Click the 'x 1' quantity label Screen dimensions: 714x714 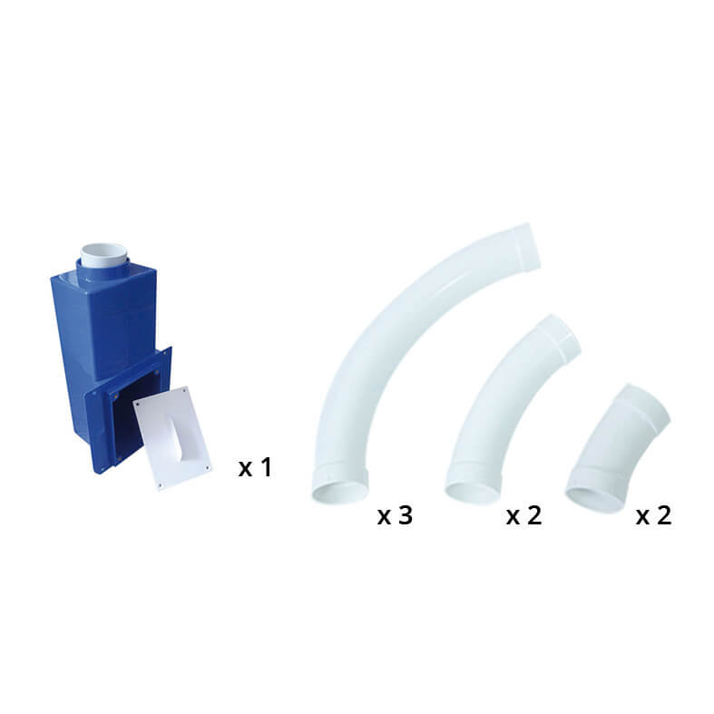[x=254, y=468]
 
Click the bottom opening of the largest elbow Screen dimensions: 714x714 [x=339, y=491]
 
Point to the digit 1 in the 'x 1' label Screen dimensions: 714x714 [x=264, y=468]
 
